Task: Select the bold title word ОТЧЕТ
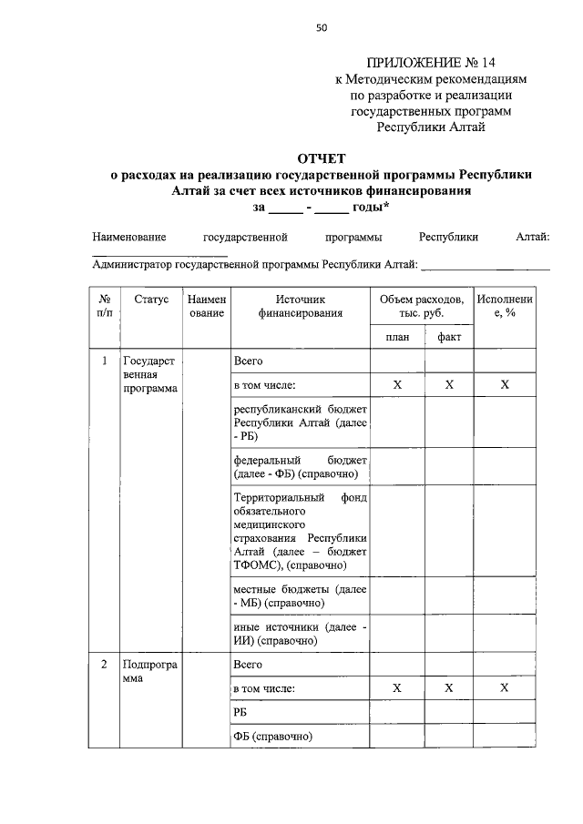(x=322, y=158)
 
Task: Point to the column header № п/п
(x=105, y=306)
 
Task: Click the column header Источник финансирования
(x=300, y=306)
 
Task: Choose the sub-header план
(x=396, y=337)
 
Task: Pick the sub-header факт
(x=449, y=337)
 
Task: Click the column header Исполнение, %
(x=505, y=306)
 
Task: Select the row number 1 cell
(x=105, y=361)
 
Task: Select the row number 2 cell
(x=105, y=665)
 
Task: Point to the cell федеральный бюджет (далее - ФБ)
(x=300, y=467)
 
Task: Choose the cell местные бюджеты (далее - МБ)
(x=300, y=596)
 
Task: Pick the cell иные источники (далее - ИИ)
(x=300, y=634)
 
